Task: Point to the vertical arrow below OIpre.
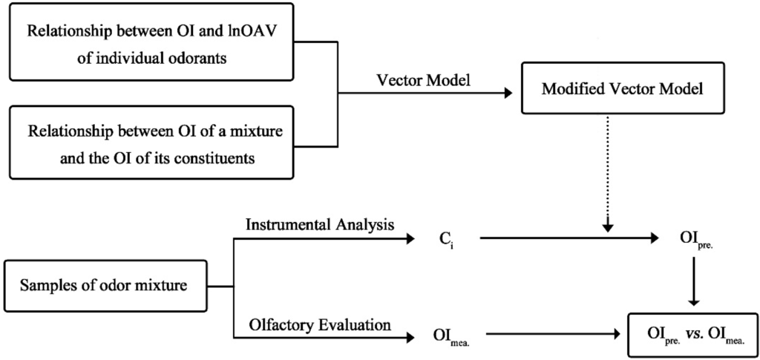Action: coord(692,278)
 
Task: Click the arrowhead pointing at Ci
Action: coord(409,238)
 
